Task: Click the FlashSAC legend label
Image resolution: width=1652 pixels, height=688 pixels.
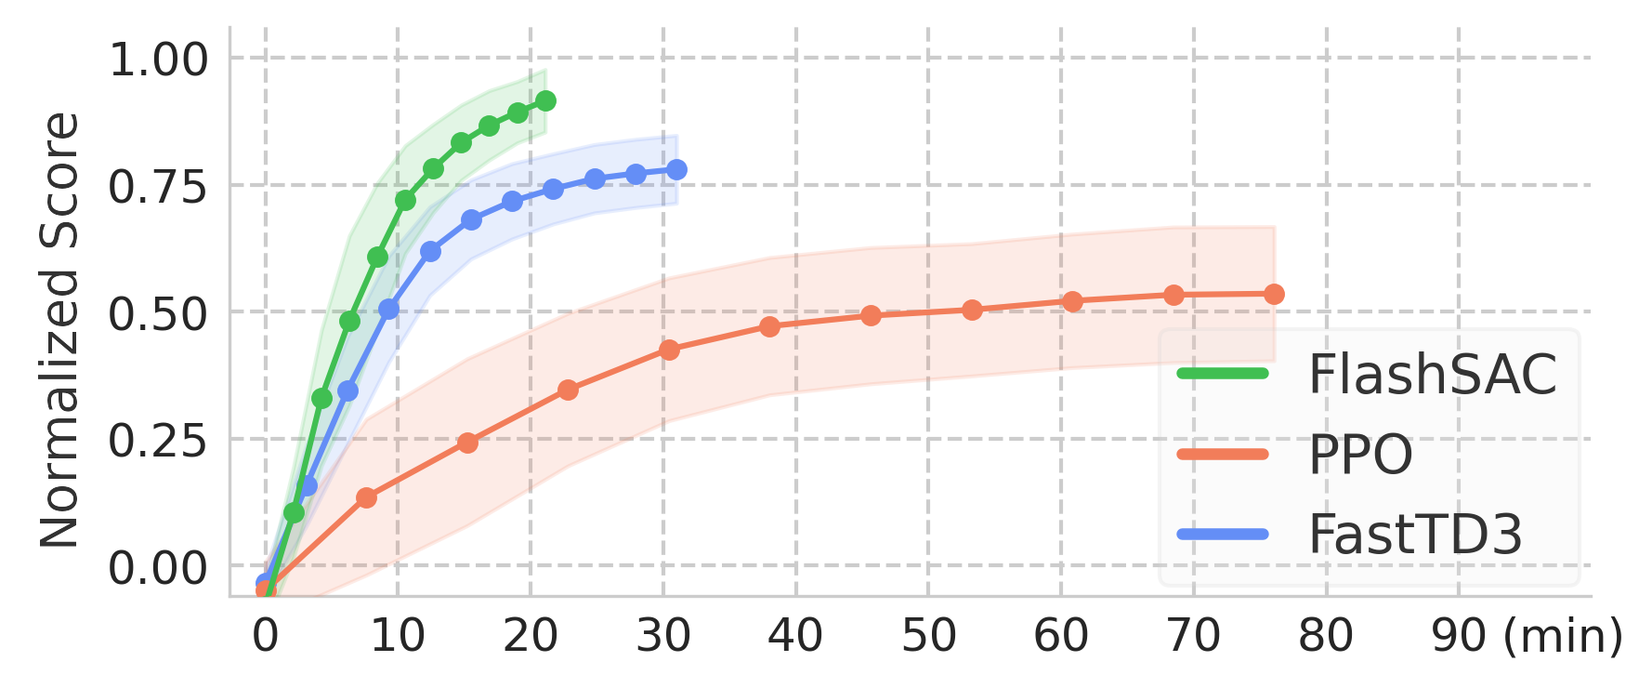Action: click(1432, 375)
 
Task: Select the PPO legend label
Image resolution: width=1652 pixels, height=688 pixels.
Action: click(1360, 455)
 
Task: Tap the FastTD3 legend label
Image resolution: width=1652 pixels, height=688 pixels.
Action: click(1415, 535)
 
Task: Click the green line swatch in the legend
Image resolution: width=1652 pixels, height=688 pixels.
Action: click(1222, 374)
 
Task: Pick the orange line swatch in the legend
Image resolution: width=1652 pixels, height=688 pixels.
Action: click(1222, 455)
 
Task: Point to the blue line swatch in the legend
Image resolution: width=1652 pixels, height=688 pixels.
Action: click(1222, 535)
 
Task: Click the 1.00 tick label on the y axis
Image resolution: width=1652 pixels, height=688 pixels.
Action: click(158, 60)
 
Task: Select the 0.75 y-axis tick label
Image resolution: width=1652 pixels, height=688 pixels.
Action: click(158, 187)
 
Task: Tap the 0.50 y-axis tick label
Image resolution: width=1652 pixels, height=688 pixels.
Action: click(158, 314)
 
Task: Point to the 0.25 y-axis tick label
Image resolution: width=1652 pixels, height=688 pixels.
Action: click(158, 441)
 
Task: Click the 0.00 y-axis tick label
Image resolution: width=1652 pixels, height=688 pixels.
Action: click(158, 567)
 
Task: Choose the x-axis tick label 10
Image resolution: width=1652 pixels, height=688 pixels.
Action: click(398, 636)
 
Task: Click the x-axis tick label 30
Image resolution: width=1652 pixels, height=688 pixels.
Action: click(663, 636)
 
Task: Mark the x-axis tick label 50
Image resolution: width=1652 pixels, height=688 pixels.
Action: click(928, 636)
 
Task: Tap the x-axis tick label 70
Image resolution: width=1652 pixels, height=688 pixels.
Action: click(1194, 636)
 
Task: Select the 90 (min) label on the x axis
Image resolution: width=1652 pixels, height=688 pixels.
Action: click(1526, 636)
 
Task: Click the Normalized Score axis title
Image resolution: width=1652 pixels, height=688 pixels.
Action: click(59, 330)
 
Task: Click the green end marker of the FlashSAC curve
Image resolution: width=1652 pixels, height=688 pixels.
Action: click(546, 101)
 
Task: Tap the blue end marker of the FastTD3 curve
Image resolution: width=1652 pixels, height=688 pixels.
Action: click(678, 169)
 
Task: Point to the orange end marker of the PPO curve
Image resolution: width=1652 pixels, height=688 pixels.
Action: click(1276, 294)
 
